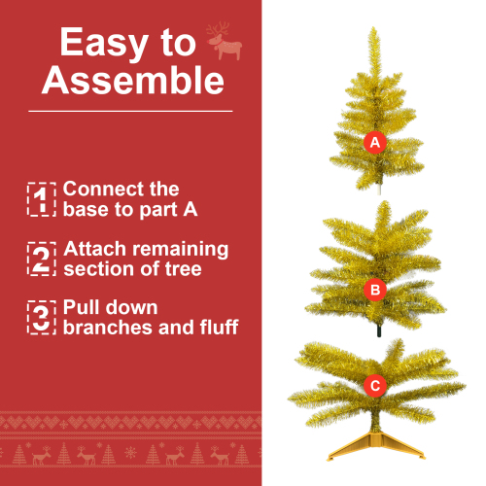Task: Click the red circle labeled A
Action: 375,143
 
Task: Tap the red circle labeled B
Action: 375,290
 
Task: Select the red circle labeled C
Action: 375,386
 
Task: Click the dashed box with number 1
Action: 42,199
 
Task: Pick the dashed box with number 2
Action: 42,259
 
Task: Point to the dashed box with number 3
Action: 42,318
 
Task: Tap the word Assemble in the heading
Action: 133,81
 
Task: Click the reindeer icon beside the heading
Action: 225,41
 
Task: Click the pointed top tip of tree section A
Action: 374,28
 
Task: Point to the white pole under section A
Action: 380,190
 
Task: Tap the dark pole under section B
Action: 379,330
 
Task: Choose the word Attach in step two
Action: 94,249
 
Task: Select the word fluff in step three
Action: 219,327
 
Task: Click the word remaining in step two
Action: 181,250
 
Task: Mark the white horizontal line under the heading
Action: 130,111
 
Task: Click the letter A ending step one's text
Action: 191,209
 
